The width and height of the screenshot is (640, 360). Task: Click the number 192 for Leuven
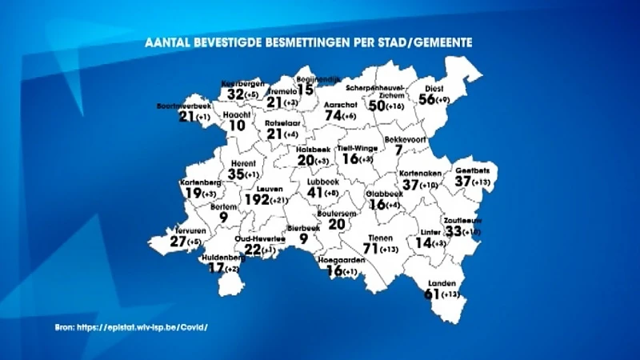tap(258, 199)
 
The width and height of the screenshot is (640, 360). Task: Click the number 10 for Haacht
tap(237, 126)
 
